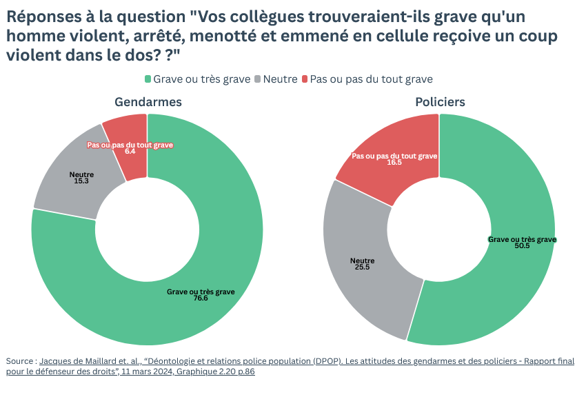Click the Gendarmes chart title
pyautogui.click(x=148, y=102)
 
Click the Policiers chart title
pyautogui.click(x=440, y=102)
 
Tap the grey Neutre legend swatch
pyautogui.click(x=259, y=79)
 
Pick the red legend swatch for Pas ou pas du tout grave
pyautogui.click(x=305, y=79)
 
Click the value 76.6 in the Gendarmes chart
pyautogui.click(x=201, y=298)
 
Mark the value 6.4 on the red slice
pyautogui.click(x=130, y=152)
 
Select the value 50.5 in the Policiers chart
pyautogui.click(x=522, y=246)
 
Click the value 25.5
pyautogui.click(x=363, y=267)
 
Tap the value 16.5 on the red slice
pyautogui.click(x=394, y=163)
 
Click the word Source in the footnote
pyautogui.click(x=20, y=361)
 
